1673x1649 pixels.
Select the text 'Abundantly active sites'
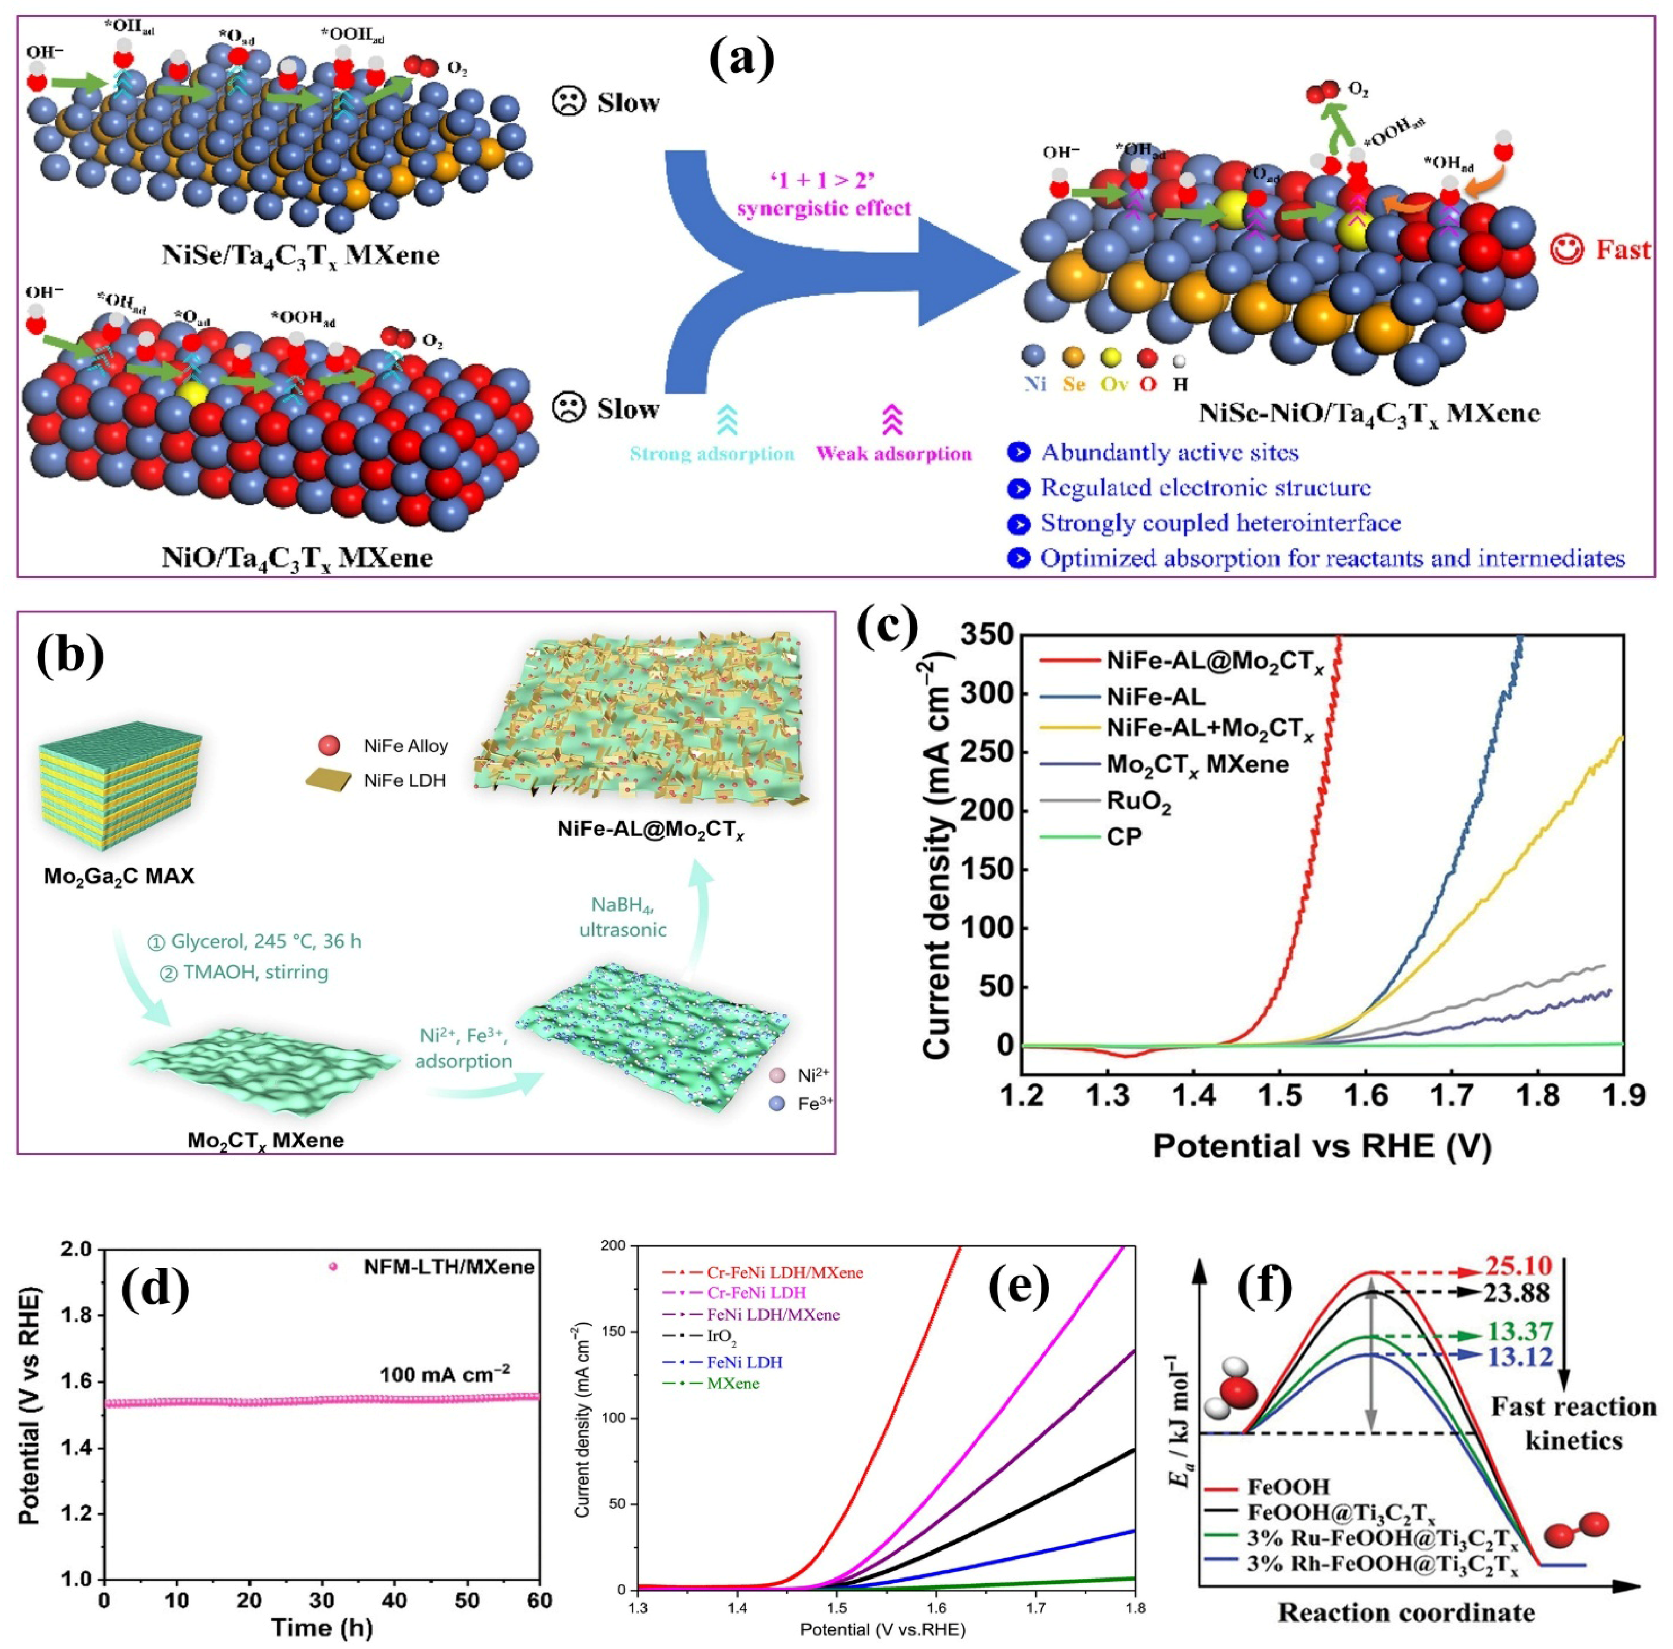(x=1169, y=453)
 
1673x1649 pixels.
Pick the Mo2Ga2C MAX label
(x=120, y=876)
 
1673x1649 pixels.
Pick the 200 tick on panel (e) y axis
(x=613, y=1245)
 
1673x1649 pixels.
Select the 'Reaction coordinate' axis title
(x=1406, y=1612)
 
